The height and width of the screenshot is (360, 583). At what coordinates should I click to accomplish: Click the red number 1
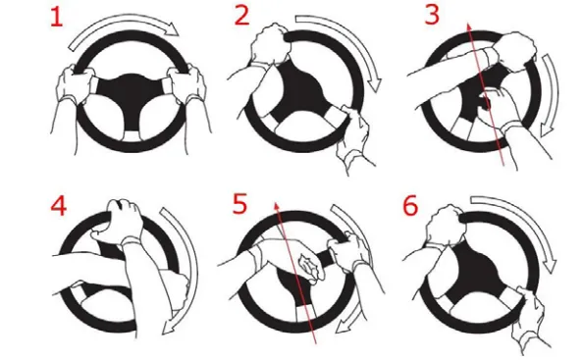57,17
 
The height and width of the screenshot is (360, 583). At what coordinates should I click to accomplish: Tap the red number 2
242,16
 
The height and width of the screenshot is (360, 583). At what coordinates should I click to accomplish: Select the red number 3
432,16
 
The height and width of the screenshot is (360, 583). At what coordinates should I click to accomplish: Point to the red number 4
58,206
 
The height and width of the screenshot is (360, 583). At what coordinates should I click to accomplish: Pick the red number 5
239,204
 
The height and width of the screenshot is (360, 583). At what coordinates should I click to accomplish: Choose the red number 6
410,206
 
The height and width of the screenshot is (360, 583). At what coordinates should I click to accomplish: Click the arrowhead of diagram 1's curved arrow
172,28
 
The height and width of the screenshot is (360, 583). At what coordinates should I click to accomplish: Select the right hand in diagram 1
187,83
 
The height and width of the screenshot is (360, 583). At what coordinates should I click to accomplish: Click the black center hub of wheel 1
131,94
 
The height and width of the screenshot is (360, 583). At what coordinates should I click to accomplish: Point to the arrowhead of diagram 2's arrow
374,84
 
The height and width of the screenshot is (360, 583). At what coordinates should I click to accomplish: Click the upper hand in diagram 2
270,44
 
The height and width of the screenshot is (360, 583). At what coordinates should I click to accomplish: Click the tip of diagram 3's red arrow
469,24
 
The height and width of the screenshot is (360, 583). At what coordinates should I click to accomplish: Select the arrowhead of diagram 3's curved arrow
546,130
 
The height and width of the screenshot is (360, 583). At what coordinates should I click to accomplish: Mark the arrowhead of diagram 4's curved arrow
170,326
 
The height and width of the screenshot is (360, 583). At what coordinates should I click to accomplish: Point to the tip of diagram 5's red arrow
276,204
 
